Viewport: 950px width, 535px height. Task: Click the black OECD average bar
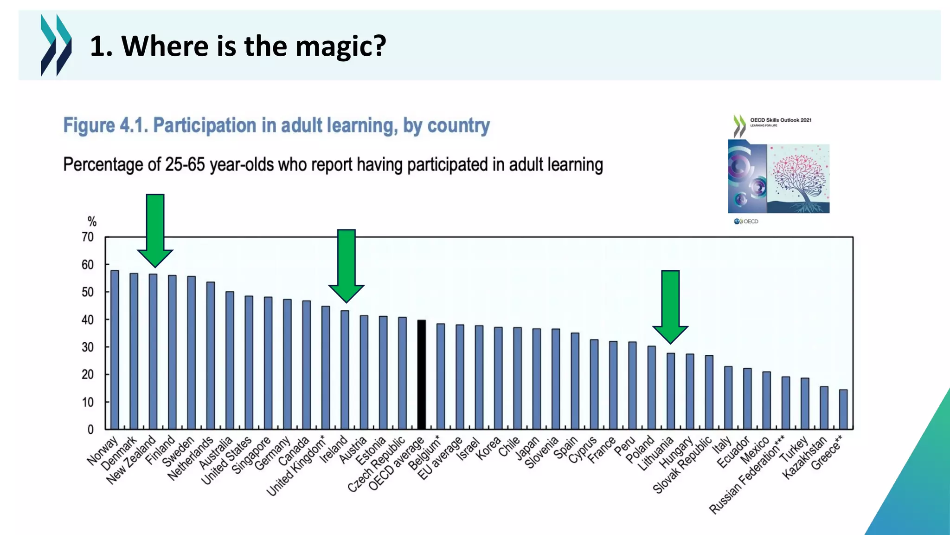pos(421,374)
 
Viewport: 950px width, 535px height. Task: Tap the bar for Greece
pos(843,409)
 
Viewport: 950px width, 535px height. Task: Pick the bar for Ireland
pos(345,370)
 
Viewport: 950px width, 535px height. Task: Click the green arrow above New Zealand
pos(155,229)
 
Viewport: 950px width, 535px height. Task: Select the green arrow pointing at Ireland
pos(346,265)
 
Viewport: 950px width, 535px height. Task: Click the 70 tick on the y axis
pos(88,237)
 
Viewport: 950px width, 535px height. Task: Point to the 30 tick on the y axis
pos(88,347)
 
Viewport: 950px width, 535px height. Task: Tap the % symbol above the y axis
pos(92,222)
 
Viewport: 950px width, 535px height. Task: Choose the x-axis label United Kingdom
pos(295,467)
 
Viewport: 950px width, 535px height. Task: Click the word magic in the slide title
pos(340,46)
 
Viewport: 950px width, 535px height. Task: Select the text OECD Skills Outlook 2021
pos(781,120)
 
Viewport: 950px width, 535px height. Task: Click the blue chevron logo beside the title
pos(56,45)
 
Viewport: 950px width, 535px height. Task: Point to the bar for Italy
pos(728,398)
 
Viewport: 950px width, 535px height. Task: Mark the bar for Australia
pos(230,360)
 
